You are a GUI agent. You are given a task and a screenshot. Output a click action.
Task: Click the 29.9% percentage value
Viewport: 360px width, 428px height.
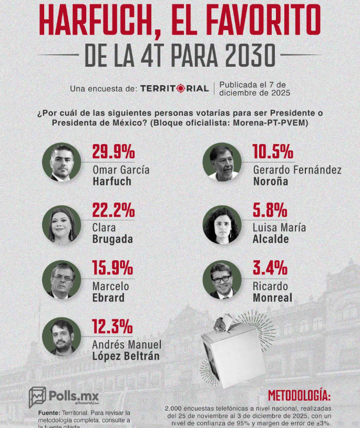pos(114,152)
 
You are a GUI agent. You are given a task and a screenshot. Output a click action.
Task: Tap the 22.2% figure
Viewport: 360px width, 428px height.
pos(114,210)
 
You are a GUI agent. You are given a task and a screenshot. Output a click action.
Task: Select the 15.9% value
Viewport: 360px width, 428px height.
pos(112,268)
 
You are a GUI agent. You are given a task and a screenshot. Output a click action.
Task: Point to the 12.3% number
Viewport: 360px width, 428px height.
pos(112,327)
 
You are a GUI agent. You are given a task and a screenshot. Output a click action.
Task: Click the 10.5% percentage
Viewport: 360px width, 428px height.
pos(273,152)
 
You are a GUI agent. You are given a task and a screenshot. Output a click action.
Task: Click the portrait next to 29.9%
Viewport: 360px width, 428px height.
pos(62,162)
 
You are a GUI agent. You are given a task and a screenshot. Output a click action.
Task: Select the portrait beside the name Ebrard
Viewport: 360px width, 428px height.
pos(62,279)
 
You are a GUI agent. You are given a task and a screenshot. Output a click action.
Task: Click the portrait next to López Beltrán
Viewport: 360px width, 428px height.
pos(62,337)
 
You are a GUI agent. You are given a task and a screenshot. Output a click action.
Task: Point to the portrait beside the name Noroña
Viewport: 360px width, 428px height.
pos(222,162)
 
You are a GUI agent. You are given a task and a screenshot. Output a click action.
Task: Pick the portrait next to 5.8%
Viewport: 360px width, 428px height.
pos(222,225)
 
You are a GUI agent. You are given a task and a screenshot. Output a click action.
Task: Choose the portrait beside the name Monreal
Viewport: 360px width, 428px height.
pos(222,279)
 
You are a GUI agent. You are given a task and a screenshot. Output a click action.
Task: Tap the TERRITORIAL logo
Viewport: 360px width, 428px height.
pos(174,88)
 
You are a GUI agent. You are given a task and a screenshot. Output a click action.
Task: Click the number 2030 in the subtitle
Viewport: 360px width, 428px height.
pos(243,54)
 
